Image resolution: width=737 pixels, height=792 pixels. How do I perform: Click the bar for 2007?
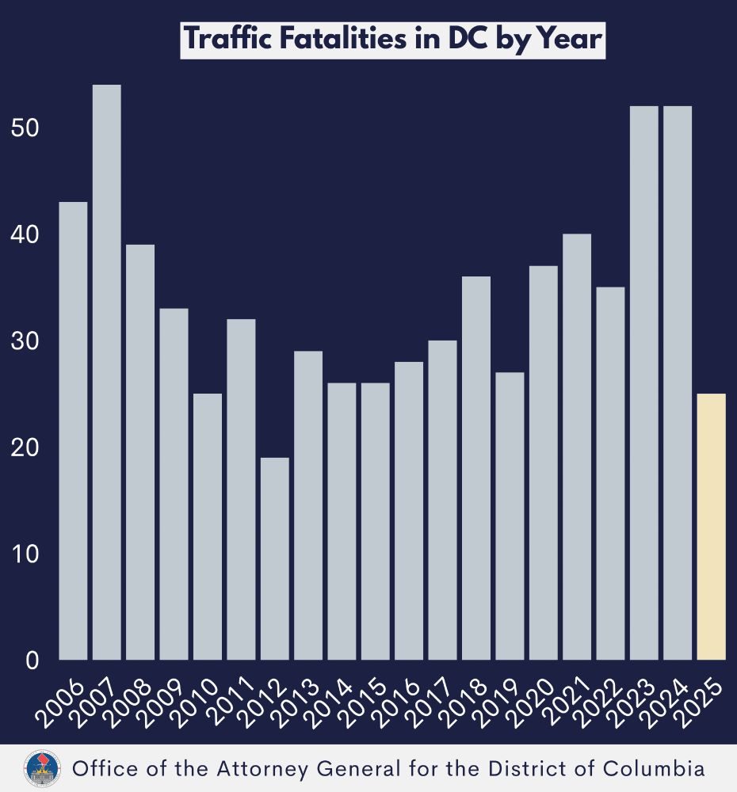[x=106, y=372]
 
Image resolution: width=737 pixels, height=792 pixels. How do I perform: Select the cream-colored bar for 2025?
[x=712, y=527]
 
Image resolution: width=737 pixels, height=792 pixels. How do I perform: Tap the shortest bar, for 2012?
[x=274, y=558]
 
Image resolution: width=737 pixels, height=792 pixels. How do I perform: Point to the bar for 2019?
[x=510, y=516]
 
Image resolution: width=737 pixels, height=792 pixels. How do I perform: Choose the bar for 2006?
[x=73, y=431]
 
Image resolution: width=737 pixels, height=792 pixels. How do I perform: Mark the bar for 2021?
[x=577, y=447]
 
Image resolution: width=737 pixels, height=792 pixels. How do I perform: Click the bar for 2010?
[x=207, y=527]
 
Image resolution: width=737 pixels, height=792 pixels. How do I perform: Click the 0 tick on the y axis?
[x=32, y=660]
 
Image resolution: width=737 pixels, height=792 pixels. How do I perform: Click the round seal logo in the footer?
[x=39, y=768]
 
